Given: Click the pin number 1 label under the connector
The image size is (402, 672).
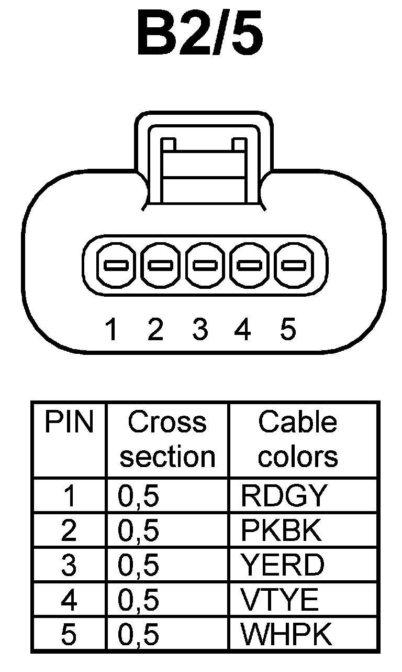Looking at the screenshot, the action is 111,330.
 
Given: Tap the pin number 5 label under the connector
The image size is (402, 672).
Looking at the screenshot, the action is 288,330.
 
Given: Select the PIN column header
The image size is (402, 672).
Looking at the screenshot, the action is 69,422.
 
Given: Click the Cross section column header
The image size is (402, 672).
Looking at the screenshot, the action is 167,439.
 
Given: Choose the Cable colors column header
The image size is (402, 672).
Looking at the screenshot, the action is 298,439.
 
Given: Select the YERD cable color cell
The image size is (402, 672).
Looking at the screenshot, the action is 283,565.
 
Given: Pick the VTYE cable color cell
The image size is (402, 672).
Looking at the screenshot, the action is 280,600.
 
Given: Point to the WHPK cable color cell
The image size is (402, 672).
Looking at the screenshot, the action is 286,635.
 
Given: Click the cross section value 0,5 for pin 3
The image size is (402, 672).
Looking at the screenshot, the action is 139,565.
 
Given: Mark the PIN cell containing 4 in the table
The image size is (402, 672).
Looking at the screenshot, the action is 69,600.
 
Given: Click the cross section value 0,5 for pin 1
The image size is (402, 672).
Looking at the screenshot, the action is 139,496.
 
